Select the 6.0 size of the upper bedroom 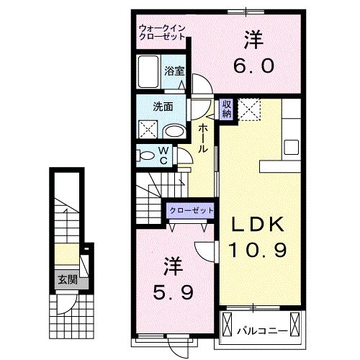(x=253, y=66)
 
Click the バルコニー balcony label (x=263, y=331)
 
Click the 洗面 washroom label (x=162, y=107)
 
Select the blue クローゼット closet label (x=192, y=209)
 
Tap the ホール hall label (x=204, y=136)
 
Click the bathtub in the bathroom (x=150, y=73)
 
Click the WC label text (x=163, y=154)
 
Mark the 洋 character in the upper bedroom (x=252, y=37)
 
